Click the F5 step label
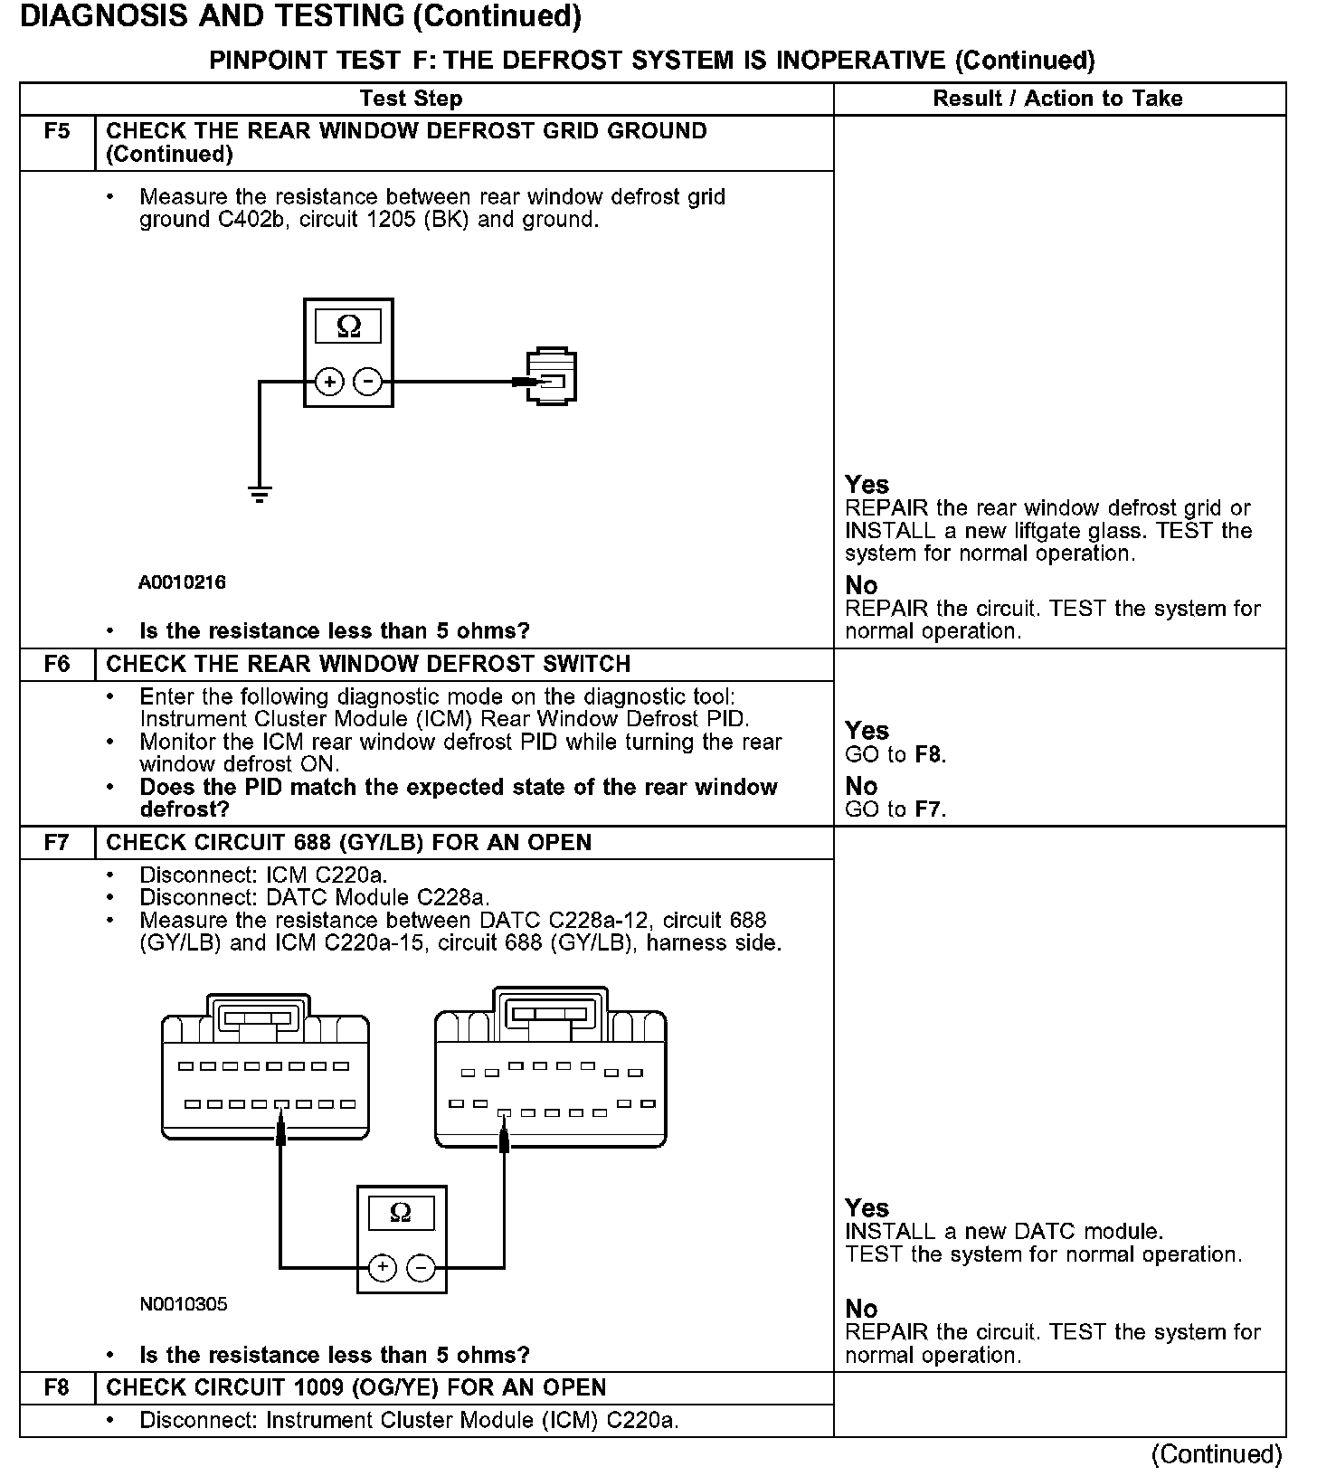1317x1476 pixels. [x=56, y=132]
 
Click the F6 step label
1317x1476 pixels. [x=56, y=665]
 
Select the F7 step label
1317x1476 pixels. [x=56, y=843]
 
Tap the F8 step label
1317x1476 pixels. [x=56, y=1388]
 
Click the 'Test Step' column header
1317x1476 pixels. [x=411, y=99]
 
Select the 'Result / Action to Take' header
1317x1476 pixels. [x=1057, y=99]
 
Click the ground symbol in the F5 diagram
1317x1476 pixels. [x=260, y=494]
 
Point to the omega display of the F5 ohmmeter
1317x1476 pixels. [x=348, y=326]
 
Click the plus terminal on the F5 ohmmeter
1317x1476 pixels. [x=330, y=383]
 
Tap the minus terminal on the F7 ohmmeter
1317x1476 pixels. [x=420, y=1268]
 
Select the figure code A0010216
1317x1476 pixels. [x=182, y=582]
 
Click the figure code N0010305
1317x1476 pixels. [x=184, y=1304]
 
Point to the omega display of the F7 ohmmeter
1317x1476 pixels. [x=401, y=1213]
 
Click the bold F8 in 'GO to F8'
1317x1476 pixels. [x=929, y=754]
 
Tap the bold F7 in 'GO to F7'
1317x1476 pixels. [x=929, y=809]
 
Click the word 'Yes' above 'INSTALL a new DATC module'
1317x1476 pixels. [x=867, y=1208]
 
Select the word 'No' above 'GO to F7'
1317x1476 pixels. [x=861, y=786]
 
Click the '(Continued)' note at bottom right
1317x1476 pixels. [x=1217, y=1454]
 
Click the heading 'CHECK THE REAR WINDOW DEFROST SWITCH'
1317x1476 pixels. [x=368, y=665]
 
